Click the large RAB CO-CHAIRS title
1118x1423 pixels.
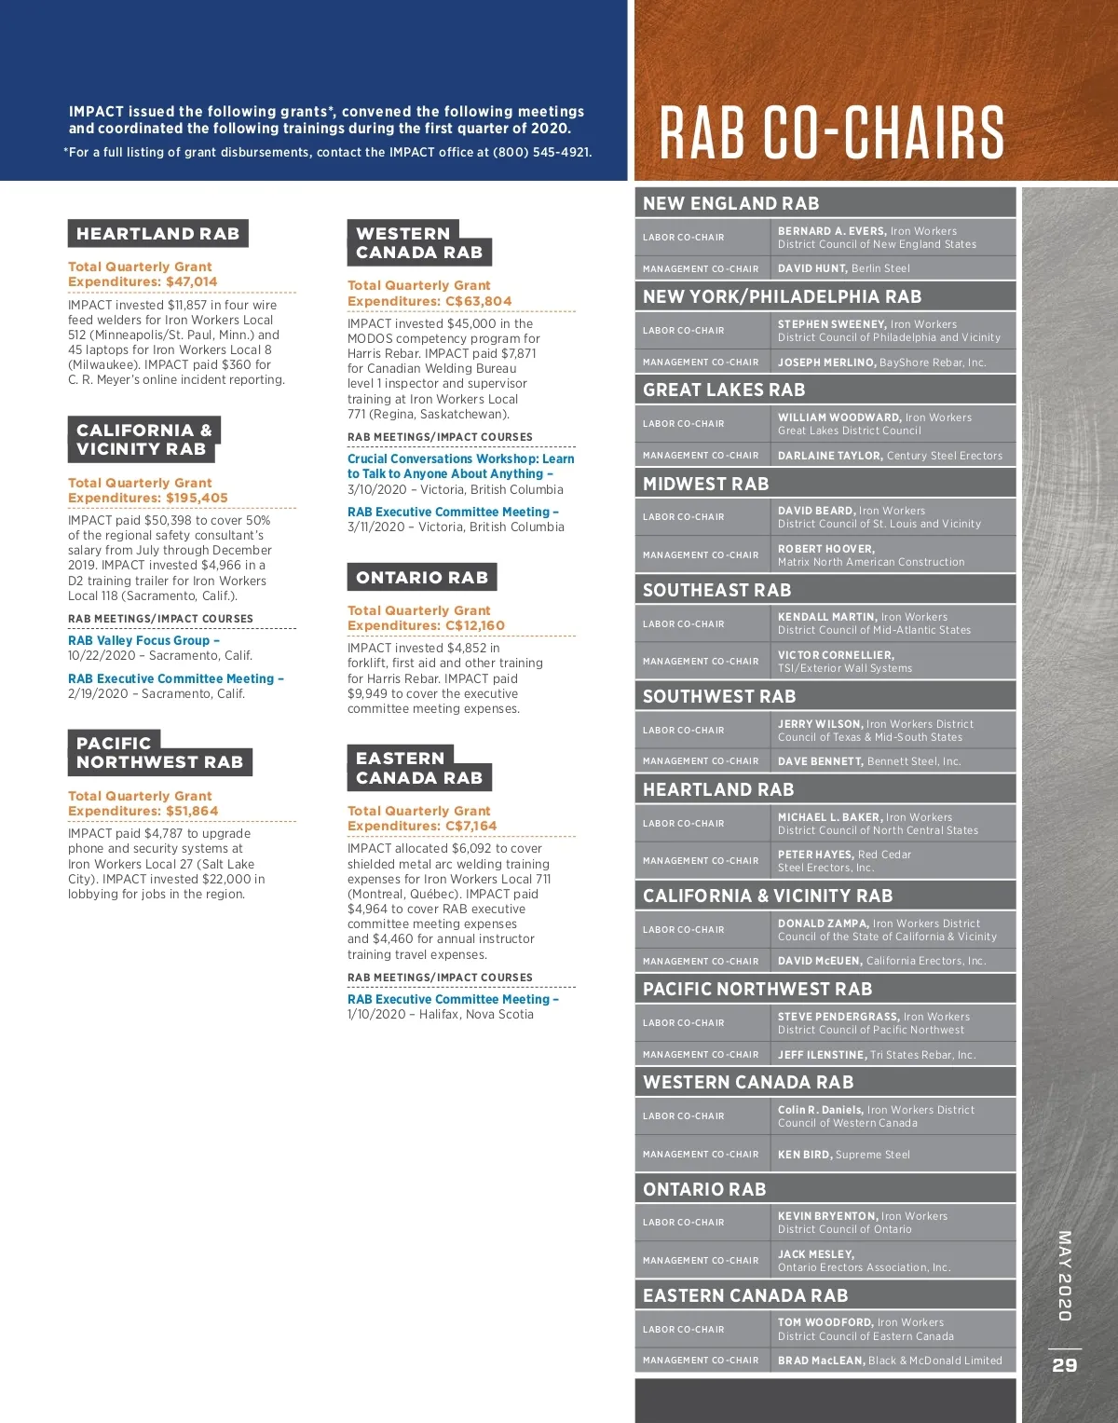pyautogui.click(x=832, y=132)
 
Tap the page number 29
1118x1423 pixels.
pyautogui.click(x=1065, y=1365)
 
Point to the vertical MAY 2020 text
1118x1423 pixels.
pyautogui.click(x=1064, y=1276)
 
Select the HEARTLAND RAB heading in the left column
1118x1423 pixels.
pyautogui.click(x=157, y=234)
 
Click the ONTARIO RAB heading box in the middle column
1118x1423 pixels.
pyautogui.click(x=421, y=578)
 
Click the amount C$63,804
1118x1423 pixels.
pyautogui.click(x=477, y=301)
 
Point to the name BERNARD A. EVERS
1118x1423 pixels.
pyautogui.click(x=831, y=231)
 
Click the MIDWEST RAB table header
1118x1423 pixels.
pyautogui.click(x=705, y=484)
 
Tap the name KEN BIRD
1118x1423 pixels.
pyautogui.click(x=804, y=1155)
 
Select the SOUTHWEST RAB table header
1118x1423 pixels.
pyautogui.click(x=719, y=696)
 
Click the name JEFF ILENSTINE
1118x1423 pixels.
pyautogui.click(x=821, y=1055)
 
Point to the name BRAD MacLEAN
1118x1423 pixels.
pyautogui.click(x=821, y=1361)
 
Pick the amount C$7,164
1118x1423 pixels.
pyautogui.click(x=470, y=826)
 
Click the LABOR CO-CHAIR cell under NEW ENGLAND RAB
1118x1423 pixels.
pyautogui.click(x=683, y=238)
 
